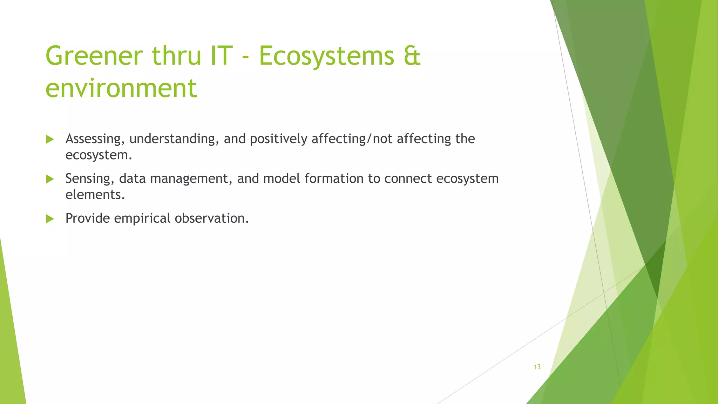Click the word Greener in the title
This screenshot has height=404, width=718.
pos(94,56)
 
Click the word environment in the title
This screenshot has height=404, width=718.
pos(121,88)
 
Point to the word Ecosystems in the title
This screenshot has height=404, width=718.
pos(326,56)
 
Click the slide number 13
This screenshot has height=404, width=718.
pos(537,367)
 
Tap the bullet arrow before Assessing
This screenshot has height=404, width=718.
pos(50,139)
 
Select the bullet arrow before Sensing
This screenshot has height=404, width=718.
pos(50,179)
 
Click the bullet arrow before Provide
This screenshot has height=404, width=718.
pos(50,219)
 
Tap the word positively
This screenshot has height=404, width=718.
pos(278,139)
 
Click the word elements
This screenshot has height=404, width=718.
pos(95,195)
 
